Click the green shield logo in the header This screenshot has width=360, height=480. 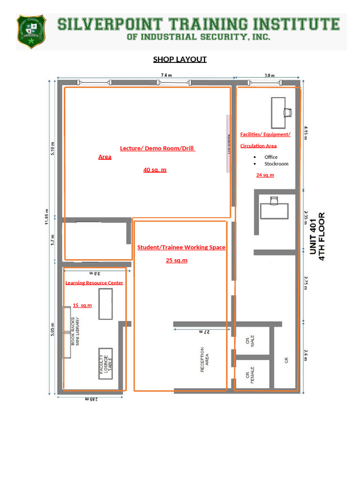pyautogui.click(x=31, y=31)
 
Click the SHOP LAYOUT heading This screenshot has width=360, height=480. pyautogui.click(x=180, y=59)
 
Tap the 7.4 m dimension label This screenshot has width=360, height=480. pyautogui.click(x=166, y=75)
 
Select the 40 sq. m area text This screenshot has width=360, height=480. pyautogui.click(x=155, y=170)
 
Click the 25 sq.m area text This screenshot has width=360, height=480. pyautogui.click(x=176, y=260)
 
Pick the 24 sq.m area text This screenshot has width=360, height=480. pyautogui.click(x=265, y=175)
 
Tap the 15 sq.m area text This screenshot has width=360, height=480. pyautogui.click(x=82, y=305)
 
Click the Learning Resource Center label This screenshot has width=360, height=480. pyautogui.click(x=94, y=283)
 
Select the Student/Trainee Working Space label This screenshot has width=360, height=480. pyautogui.click(x=181, y=247)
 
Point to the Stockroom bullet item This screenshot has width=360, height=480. pyautogui.click(x=276, y=164)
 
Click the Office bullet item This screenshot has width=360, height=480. pyautogui.click(x=271, y=157)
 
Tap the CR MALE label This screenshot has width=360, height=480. pyautogui.click(x=250, y=341)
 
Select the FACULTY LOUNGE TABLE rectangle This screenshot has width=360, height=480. pyautogui.click(x=105, y=364)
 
